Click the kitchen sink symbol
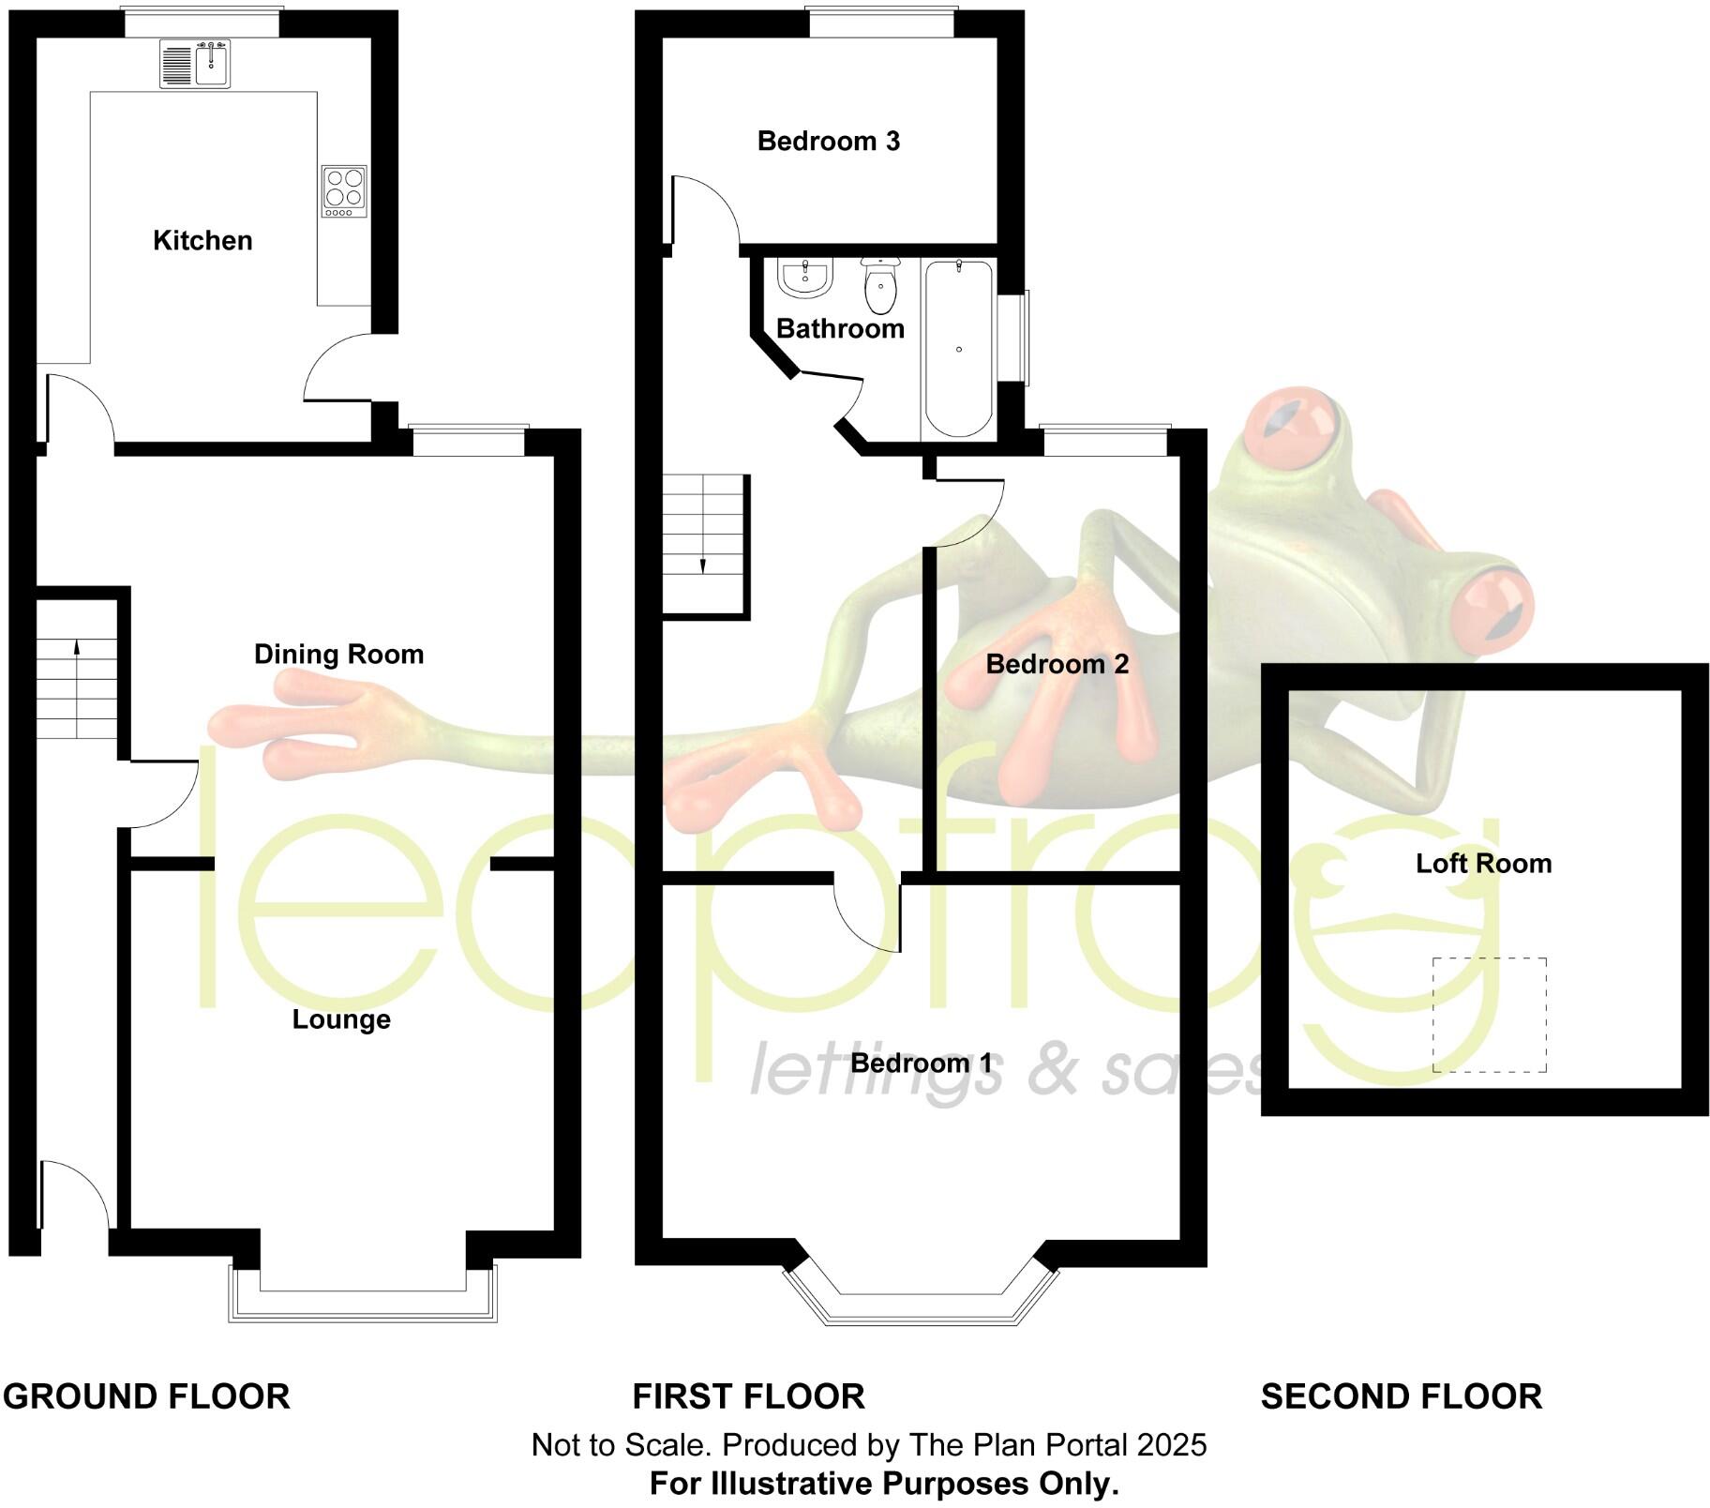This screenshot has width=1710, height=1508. (195, 65)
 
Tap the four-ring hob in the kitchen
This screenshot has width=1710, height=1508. (344, 190)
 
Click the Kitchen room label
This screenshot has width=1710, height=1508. (202, 241)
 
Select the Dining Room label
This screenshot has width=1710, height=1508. (338, 655)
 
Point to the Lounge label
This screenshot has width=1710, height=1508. (341, 1019)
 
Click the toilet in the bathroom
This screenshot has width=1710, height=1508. (880, 286)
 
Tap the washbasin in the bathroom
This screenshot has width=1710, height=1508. (804, 277)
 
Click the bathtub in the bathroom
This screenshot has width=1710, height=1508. (958, 349)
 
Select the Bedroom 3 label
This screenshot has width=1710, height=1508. (828, 142)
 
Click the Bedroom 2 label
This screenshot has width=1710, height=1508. (1057, 665)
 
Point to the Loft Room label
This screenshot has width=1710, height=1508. (1483, 864)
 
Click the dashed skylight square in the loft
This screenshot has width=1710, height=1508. (1489, 1015)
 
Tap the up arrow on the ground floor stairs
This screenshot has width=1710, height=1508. (76, 647)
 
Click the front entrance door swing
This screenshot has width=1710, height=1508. (75, 1193)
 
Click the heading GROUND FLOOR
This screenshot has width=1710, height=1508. (146, 1397)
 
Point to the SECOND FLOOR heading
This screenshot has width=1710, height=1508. (1401, 1397)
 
